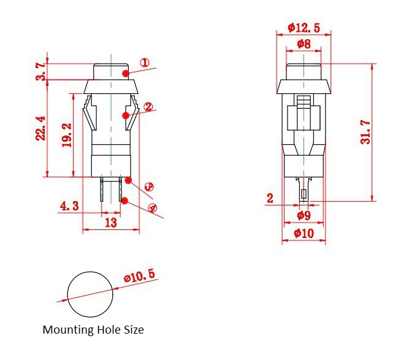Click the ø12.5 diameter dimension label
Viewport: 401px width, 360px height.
coord(304,28)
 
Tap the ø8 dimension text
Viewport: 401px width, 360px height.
coord(304,44)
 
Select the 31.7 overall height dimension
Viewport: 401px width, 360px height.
coord(365,132)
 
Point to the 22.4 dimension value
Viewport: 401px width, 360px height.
coord(40,128)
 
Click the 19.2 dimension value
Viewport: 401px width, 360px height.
coord(67,135)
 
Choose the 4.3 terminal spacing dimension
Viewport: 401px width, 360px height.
coord(69,205)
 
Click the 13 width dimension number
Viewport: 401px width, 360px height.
coord(111,223)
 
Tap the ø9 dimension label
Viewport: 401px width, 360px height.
coord(304,215)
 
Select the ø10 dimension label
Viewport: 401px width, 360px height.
coord(304,233)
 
